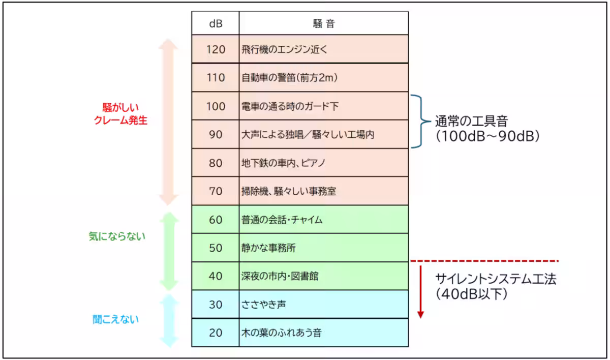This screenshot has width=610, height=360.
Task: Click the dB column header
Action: click(215, 23)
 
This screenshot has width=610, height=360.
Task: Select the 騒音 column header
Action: click(323, 23)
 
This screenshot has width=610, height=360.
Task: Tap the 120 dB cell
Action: click(215, 49)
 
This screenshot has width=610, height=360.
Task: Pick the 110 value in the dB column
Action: click(215, 78)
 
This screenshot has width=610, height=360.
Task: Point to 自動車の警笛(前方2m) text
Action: click(290, 78)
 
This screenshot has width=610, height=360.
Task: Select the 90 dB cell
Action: click(215, 135)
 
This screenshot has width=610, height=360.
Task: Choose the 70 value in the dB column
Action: click(215, 192)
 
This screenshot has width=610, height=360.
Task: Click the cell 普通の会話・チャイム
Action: click(282, 220)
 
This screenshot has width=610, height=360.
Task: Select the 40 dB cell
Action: click(215, 277)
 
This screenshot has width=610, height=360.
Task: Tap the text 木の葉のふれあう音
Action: click(281, 333)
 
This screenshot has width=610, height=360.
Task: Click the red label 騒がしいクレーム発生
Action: click(120, 114)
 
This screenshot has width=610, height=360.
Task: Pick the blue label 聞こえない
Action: click(116, 319)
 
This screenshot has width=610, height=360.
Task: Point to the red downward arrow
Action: click(420, 290)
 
